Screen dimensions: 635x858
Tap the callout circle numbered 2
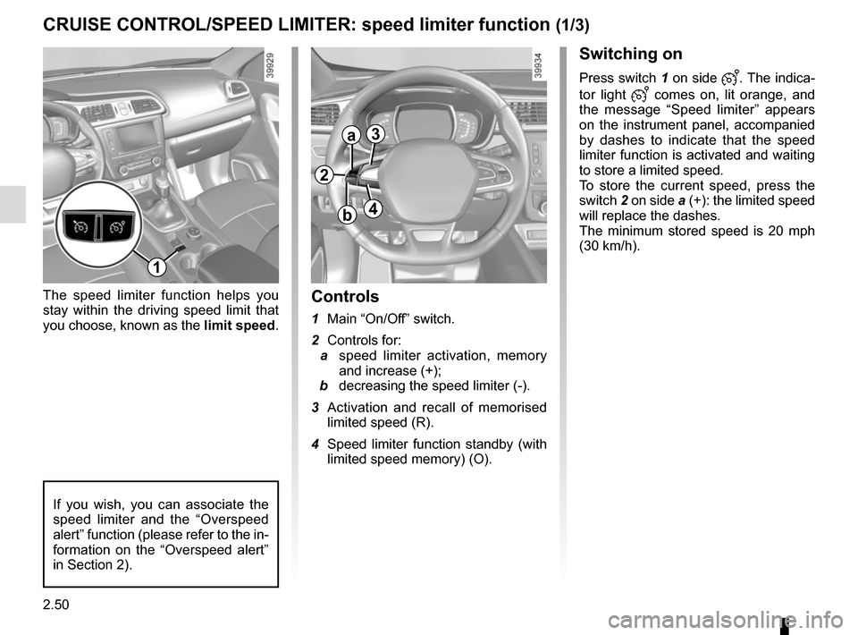point(324,174)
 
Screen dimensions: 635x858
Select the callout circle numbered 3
point(373,134)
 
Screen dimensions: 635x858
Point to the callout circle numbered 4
point(371,209)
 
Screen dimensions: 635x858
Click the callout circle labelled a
point(352,136)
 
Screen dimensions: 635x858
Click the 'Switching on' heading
point(630,54)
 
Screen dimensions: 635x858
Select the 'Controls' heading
point(345,296)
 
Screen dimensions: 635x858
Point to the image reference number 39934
point(538,65)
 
